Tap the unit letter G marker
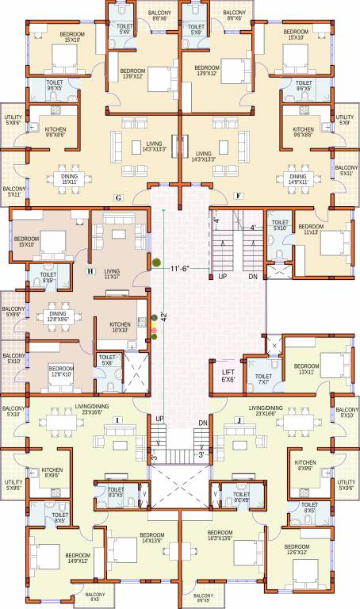coord(118,196)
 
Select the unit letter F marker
coord(238,194)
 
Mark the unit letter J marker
coord(237,419)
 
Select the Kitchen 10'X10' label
coord(120,327)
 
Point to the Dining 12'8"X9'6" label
coord(58,316)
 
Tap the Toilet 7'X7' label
coord(264,379)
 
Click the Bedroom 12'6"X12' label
coord(297,550)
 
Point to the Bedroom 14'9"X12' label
coord(78,557)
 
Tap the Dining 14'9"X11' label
coord(298,180)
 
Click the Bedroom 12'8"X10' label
coord(61,370)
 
